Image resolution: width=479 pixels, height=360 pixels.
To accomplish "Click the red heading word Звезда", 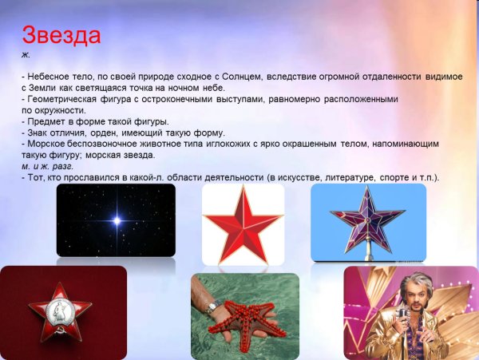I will tap(61, 36).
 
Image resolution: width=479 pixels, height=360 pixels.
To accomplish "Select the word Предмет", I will tap(46, 121).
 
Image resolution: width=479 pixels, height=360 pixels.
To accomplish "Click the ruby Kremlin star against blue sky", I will tap(368, 218).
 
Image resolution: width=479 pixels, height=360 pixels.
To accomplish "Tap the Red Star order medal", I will tap(60, 313).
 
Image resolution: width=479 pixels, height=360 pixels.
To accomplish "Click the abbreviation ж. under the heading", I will tap(26, 53).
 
